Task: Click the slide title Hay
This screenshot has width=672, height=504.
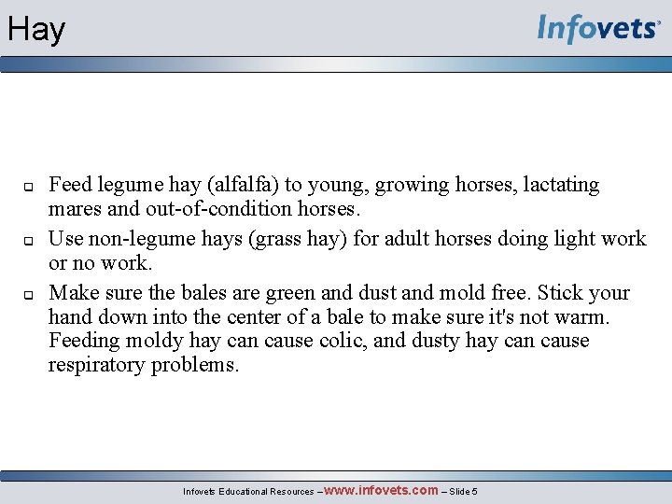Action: (x=36, y=30)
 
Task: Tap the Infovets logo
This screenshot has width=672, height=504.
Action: (x=597, y=28)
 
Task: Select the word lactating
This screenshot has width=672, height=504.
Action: (x=555, y=185)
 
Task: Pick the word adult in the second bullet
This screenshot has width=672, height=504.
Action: (x=420, y=239)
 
